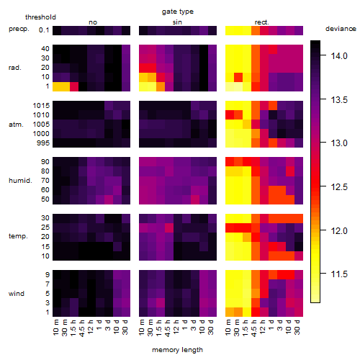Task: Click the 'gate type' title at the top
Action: coord(178,12)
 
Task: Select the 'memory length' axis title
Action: coord(177,350)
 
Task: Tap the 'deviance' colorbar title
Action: coord(341,29)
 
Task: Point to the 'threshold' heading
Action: coord(40,17)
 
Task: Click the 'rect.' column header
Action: coord(261,22)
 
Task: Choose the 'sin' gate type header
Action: coord(177,22)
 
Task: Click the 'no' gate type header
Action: coord(93,22)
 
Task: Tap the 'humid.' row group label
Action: coord(20,181)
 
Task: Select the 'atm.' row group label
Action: coord(16,125)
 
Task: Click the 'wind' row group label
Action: coord(17,294)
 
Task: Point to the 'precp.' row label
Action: coord(19,30)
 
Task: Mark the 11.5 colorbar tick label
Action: coord(339,274)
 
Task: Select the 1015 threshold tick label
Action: coord(41,106)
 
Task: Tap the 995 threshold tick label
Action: coord(43,143)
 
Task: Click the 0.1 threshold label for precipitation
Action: coord(44,30)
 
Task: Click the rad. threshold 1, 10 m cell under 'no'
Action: coord(57,86)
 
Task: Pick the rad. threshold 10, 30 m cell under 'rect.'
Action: coord(238,77)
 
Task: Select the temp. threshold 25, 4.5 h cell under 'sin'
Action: coord(169,228)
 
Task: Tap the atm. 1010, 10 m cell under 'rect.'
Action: coord(230,115)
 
